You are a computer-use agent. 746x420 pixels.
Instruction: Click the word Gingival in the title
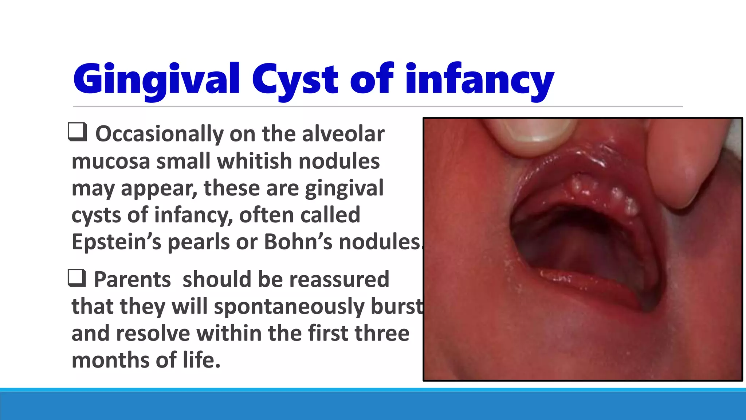pyautogui.click(x=157, y=79)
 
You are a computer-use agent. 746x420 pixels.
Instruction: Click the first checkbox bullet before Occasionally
pyautogui.click(x=77, y=132)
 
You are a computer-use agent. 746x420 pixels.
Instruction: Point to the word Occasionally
pyautogui.click(x=159, y=134)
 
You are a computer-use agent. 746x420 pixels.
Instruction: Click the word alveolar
pyautogui.click(x=343, y=134)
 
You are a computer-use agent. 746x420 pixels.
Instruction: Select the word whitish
pyautogui.click(x=255, y=161)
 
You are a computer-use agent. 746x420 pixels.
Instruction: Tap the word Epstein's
pyautogui.click(x=117, y=242)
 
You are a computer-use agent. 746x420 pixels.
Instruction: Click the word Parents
pyautogui.click(x=133, y=280)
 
